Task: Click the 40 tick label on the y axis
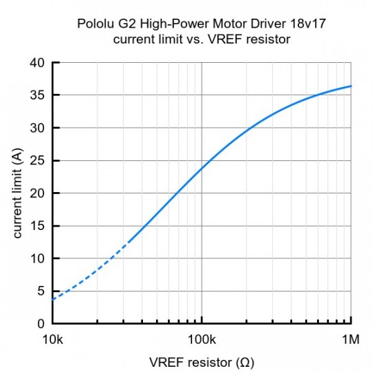coord(38,63)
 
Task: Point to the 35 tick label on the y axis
coord(38,95)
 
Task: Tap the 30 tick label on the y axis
coord(38,128)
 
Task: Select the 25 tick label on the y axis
coord(38,160)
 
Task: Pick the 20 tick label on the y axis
coord(38,193)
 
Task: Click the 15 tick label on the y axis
coord(38,225)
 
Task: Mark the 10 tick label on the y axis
coord(38,258)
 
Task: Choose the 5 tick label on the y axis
coord(41,291)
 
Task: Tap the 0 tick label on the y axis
coord(41,323)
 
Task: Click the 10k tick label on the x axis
coord(52,340)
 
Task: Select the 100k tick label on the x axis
coord(202,340)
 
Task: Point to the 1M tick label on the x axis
coord(352,340)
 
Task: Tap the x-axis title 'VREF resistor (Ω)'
coord(202,362)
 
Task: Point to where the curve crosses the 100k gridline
coord(202,169)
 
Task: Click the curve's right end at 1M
coord(352,86)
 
